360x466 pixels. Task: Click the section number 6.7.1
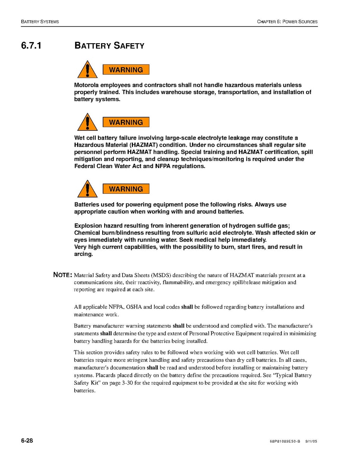point(31,46)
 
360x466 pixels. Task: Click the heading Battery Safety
point(109,46)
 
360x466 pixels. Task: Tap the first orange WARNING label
point(126,70)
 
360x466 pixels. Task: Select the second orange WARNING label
point(126,123)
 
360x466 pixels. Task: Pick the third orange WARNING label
point(126,189)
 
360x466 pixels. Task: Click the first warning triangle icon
point(87,70)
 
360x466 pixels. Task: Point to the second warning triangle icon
point(87,123)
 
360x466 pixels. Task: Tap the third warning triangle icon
point(87,189)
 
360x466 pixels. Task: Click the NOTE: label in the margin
point(62,275)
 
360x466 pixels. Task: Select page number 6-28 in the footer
point(27,441)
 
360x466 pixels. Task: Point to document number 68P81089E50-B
point(285,441)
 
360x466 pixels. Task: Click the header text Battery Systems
point(40,22)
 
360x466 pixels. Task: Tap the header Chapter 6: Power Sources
point(287,22)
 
